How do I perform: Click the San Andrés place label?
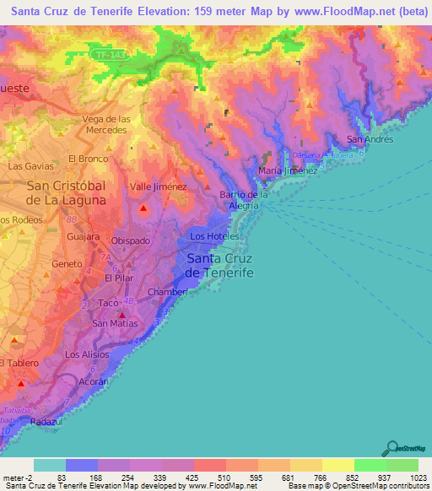click(370, 139)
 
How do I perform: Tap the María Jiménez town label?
click(287, 170)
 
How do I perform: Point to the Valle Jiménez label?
click(158, 186)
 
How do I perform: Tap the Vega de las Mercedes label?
click(105, 125)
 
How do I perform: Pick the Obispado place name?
click(131, 240)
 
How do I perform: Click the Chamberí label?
click(167, 292)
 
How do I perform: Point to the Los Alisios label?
click(87, 355)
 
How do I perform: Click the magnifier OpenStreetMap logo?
click(391, 447)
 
